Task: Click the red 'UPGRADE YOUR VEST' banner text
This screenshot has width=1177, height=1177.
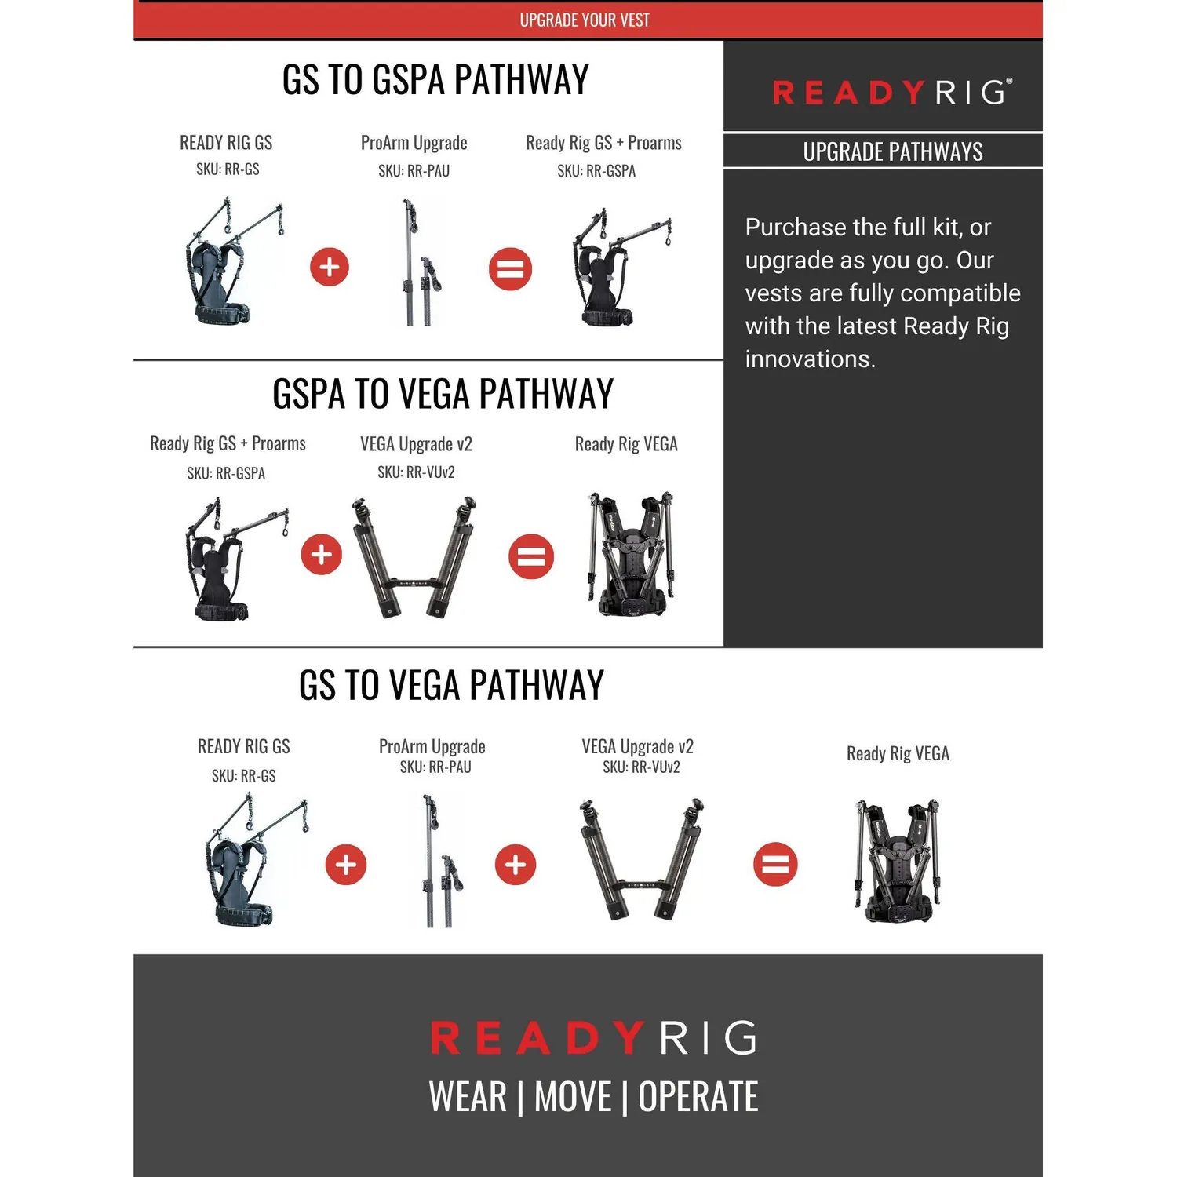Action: [x=585, y=20]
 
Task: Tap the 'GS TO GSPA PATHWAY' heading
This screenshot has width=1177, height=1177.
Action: [x=435, y=80]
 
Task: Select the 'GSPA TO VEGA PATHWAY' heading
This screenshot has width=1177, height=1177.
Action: [x=443, y=394]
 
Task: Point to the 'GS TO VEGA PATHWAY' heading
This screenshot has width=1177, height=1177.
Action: [x=452, y=685]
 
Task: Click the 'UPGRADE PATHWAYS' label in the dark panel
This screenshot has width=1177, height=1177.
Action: [x=893, y=151]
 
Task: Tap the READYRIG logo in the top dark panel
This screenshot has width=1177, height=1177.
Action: [x=892, y=92]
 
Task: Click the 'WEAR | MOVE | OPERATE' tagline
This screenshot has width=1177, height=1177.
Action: [x=593, y=1096]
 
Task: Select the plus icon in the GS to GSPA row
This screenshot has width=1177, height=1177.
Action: [x=330, y=267]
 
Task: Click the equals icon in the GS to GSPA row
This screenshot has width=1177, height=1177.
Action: [x=511, y=268]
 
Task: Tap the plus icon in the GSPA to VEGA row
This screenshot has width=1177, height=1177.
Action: [x=322, y=555]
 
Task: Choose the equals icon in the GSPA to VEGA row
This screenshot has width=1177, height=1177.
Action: [x=531, y=556]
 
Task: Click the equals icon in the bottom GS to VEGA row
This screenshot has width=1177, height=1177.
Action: [x=775, y=865]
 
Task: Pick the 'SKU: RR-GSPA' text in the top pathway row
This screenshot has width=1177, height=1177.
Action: [x=596, y=171]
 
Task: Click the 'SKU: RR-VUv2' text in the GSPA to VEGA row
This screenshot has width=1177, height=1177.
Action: [x=416, y=472]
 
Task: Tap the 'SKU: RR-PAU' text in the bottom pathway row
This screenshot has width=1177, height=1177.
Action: [x=435, y=767]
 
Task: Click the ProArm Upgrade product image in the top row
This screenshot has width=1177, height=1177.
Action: [x=421, y=263]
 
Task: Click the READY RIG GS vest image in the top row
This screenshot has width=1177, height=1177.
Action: [x=234, y=261]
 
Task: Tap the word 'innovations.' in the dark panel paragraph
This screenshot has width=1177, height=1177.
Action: [x=810, y=359]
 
